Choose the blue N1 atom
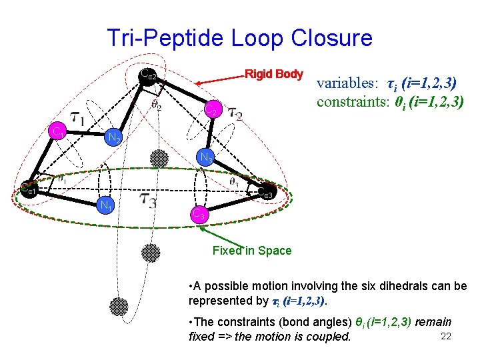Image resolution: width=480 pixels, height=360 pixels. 105,204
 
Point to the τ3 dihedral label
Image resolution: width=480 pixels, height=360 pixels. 148,199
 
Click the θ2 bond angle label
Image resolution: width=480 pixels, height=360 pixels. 156,105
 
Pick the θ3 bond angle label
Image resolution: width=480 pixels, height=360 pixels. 234,181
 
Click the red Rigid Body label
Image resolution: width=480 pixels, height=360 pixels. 274,73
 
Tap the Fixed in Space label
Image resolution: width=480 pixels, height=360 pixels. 251,251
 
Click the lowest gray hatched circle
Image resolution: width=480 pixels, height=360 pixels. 119,305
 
